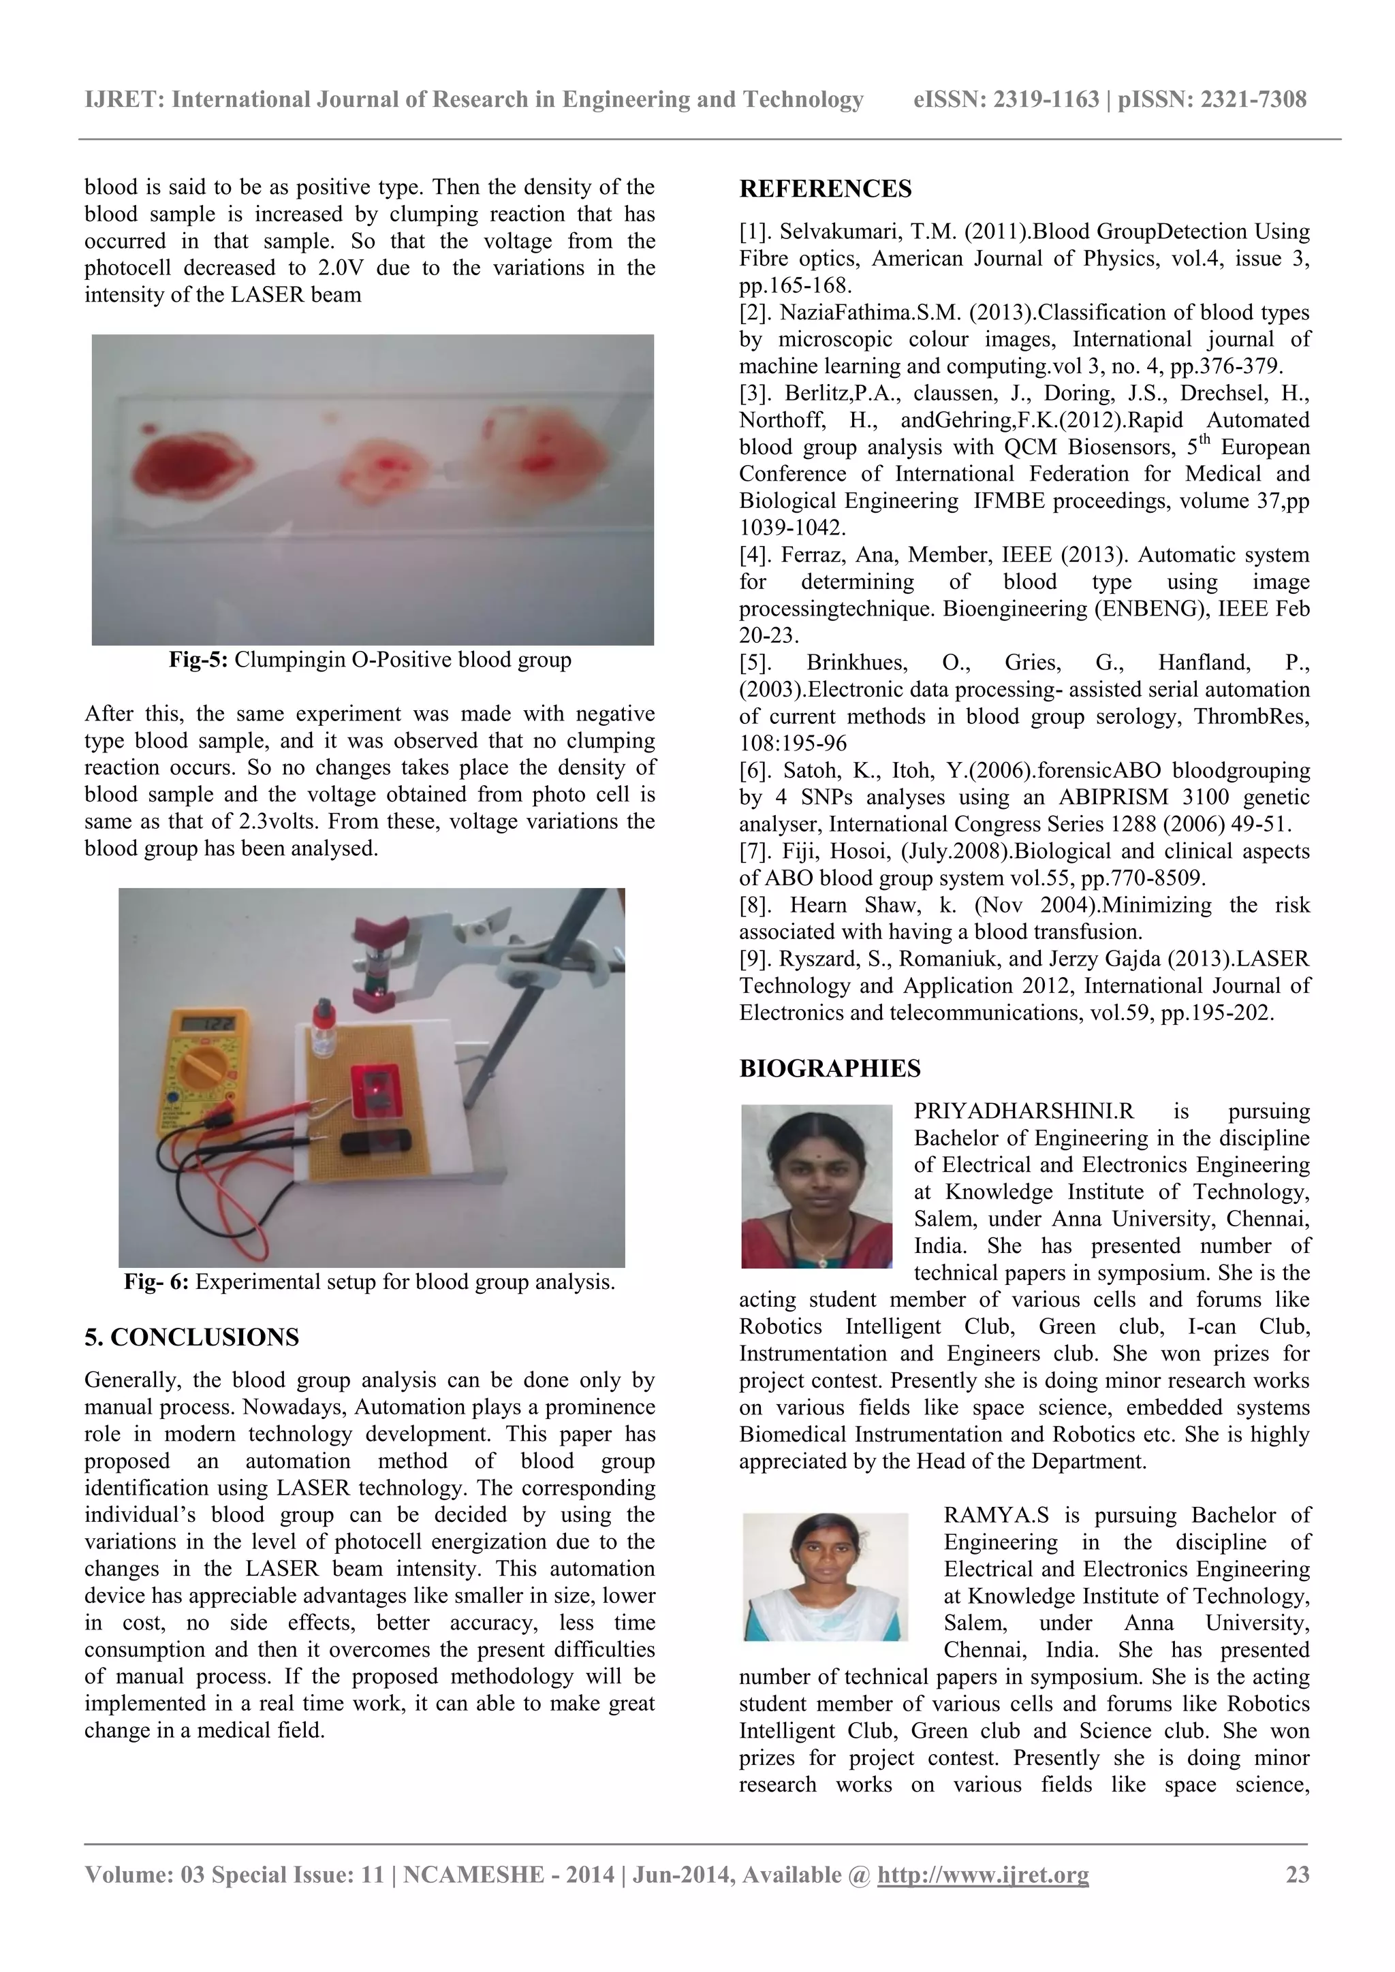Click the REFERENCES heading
click(x=825, y=189)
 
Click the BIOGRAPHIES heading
click(x=829, y=1068)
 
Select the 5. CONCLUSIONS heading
click(x=191, y=1337)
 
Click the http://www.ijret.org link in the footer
click(x=983, y=1874)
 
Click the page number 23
click(x=1297, y=1874)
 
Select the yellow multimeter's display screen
click(x=210, y=1025)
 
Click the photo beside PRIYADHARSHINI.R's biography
click(x=816, y=1186)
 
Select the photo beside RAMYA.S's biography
click(x=825, y=1577)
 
